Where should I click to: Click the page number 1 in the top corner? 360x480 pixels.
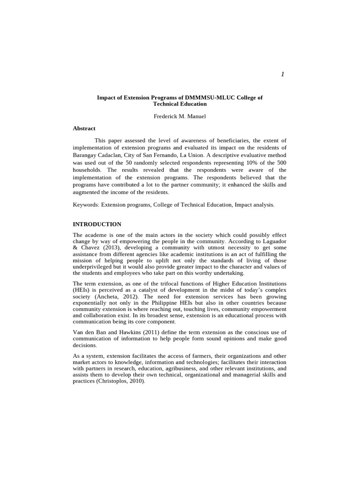click(283, 75)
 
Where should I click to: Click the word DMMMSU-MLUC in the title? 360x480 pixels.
click(210, 97)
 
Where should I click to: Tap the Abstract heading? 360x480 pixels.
click(84, 128)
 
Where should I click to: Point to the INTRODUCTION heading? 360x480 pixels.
click(97, 224)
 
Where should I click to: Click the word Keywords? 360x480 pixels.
click(87, 205)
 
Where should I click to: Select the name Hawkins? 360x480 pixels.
click(123, 332)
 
